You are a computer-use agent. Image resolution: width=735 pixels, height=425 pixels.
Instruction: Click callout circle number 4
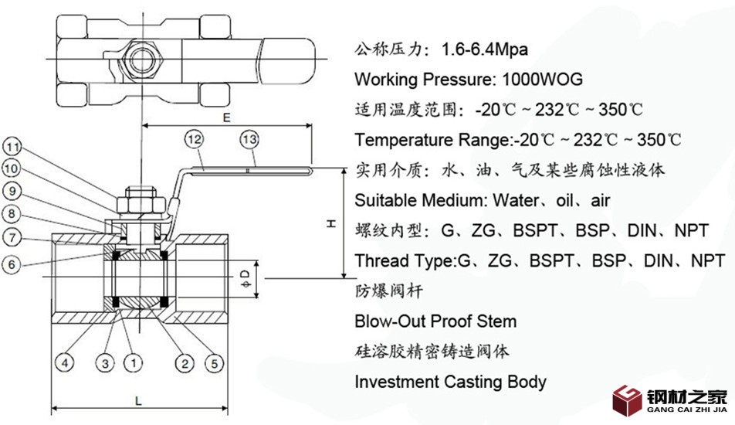67,362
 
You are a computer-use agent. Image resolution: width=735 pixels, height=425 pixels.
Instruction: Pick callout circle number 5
213,362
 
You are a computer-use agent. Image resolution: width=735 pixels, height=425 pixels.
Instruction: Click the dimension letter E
226,118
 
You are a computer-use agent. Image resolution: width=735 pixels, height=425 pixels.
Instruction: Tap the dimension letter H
330,224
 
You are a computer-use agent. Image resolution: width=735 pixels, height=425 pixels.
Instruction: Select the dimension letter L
137,399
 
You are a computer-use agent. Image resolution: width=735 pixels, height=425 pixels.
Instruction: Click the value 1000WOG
542,79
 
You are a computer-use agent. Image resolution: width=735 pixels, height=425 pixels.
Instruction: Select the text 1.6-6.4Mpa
485,49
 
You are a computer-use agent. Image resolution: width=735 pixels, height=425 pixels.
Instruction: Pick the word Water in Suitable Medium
520,201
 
